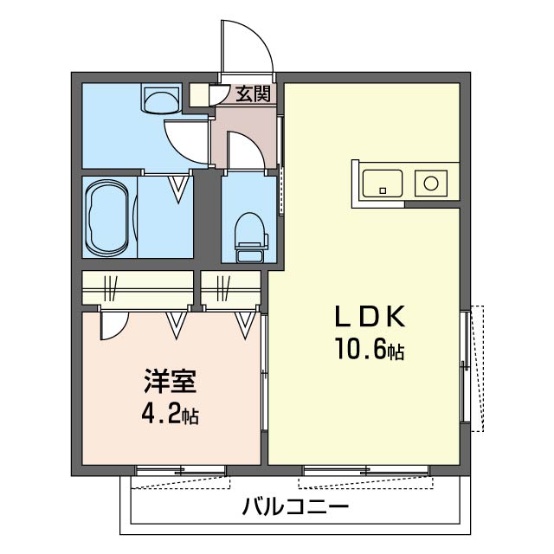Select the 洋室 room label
click(x=169, y=382)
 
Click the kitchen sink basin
click(x=382, y=183)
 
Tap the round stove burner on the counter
click(x=430, y=183)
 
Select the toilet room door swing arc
click(x=245, y=149)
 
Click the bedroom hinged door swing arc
click(x=114, y=325)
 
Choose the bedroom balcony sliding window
click(x=181, y=471)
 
